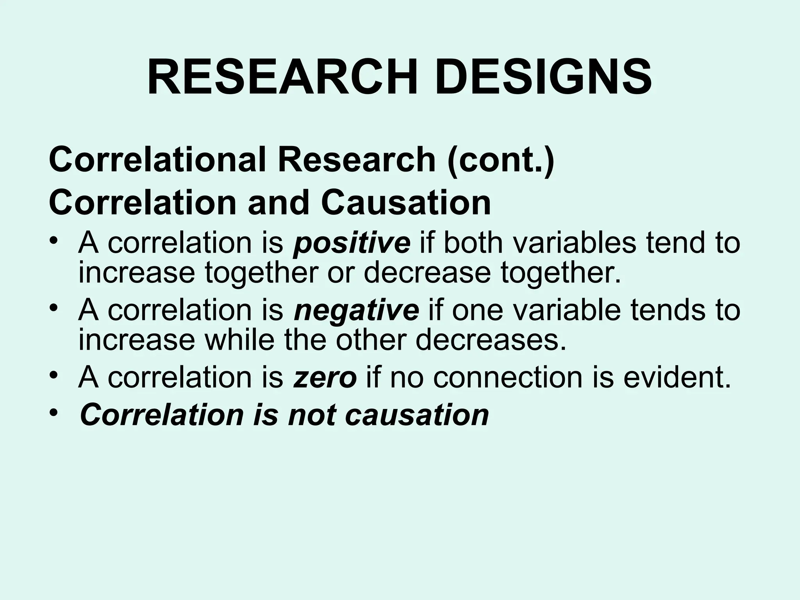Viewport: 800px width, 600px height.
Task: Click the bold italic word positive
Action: click(x=352, y=243)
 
